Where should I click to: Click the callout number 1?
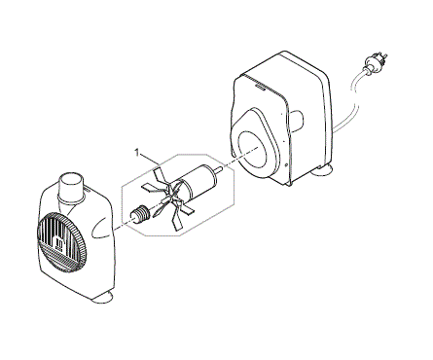point(137,153)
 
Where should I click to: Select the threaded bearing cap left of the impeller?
point(140,213)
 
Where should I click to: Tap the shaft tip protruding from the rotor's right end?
point(219,169)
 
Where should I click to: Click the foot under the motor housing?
point(322,170)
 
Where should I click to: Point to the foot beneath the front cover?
point(103,297)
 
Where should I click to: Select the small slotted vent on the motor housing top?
point(260,87)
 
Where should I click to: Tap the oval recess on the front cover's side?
point(102,226)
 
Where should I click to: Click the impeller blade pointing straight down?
point(177,220)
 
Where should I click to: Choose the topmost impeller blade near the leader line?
point(160,175)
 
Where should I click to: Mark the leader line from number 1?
point(149,159)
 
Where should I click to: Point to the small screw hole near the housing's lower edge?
point(286,164)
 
